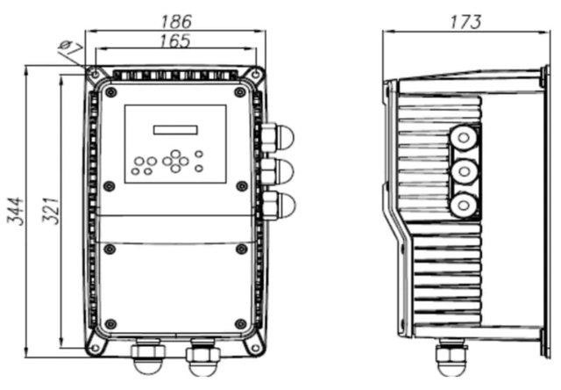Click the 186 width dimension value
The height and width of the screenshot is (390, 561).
(177, 19)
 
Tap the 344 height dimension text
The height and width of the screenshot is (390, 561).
(16, 212)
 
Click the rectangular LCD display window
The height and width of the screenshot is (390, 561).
(174, 130)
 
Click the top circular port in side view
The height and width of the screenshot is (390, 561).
(462, 138)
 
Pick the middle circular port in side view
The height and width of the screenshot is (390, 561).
(462, 170)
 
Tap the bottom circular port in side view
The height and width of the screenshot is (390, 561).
(462, 204)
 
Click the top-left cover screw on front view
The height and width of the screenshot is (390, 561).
(110, 90)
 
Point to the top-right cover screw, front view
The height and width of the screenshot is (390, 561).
(241, 90)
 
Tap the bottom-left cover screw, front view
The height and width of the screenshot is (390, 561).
(110, 324)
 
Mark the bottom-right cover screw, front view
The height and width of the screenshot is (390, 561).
(241, 324)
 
